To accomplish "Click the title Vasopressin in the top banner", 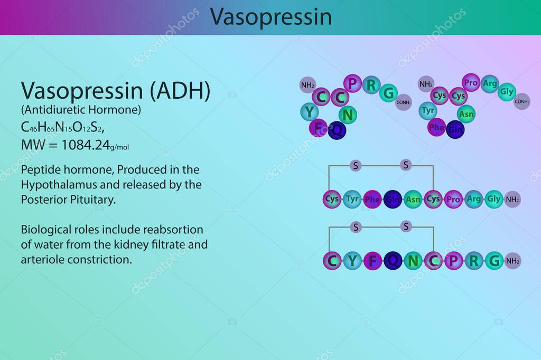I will click(x=270, y=17).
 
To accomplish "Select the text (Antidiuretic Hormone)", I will click(x=81, y=110).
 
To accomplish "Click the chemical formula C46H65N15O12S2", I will click(x=66, y=128).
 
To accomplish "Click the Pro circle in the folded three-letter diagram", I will click(x=470, y=82).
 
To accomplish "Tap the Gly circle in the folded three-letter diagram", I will click(x=506, y=91).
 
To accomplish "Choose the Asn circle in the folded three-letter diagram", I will click(x=466, y=113).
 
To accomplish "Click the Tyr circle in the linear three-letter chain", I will click(x=352, y=199).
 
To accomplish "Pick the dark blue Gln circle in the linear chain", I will click(x=393, y=199).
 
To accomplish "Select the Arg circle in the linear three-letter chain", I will click(x=474, y=199).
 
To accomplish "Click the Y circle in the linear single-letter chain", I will click(x=352, y=260).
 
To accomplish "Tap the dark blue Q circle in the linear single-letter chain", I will click(x=393, y=260).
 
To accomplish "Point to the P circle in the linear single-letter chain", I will click(x=453, y=260).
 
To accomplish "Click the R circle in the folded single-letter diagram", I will click(x=372, y=84).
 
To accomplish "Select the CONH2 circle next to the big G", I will click(x=404, y=102).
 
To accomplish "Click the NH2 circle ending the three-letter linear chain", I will click(x=512, y=200).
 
